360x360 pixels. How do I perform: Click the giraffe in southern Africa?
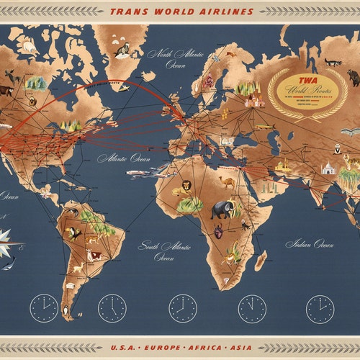click(232, 253)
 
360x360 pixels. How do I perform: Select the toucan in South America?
click(73, 233)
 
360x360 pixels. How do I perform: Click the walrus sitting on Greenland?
click(123, 50)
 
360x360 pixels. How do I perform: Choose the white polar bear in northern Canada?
click(30, 48)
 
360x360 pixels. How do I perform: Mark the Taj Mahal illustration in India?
click(328, 168)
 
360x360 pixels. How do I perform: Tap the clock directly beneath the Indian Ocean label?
click(320, 308)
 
